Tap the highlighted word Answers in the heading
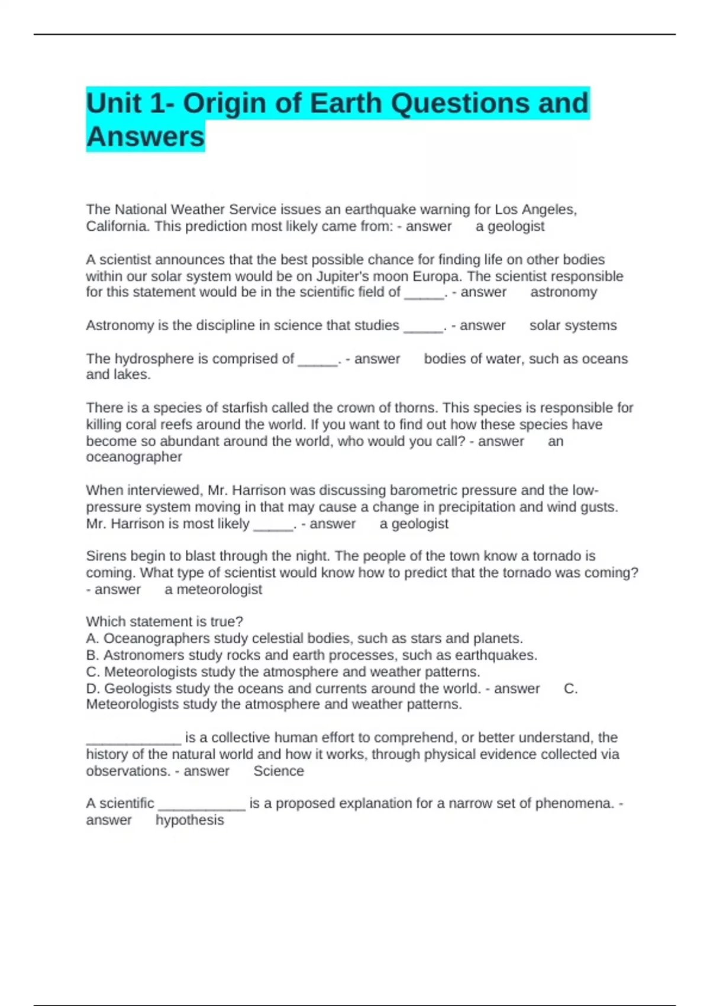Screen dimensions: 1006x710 pos(146,137)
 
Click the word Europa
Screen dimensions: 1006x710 pos(438,276)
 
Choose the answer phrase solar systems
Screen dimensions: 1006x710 pos(573,325)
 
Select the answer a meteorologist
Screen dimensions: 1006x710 pos(214,589)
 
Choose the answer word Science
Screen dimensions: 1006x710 pos(279,771)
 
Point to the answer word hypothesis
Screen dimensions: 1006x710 pos(190,820)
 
